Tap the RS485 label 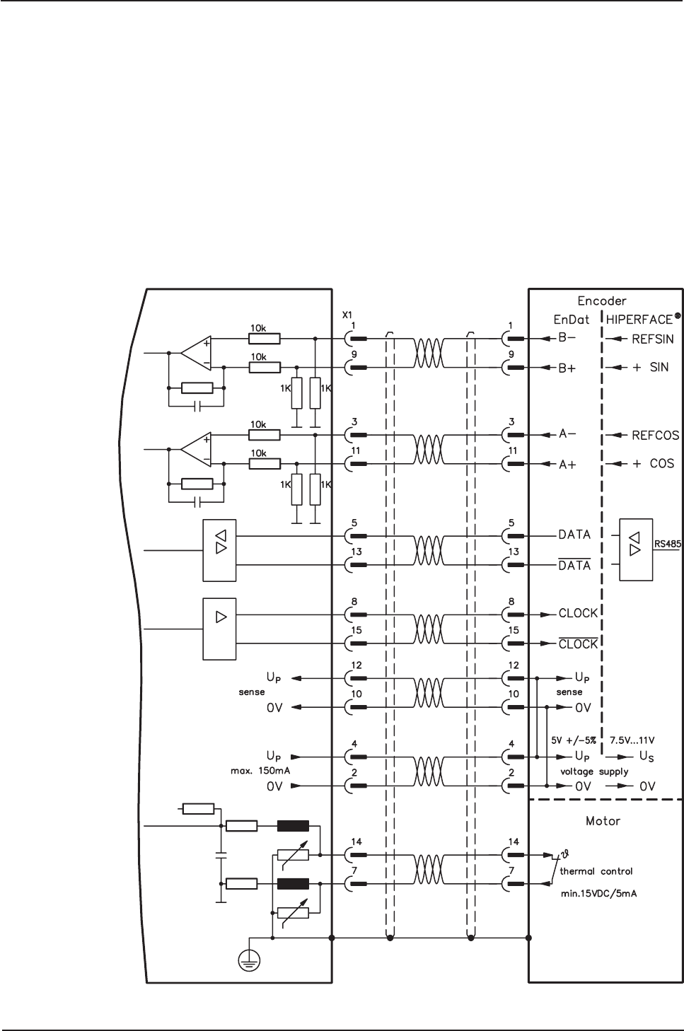click(x=668, y=544)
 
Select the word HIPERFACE click(x=639, y=320)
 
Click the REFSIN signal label click(x=653, y=339)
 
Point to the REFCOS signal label click(x=656, y=435)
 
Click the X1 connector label click(x=347, y=315)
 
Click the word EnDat click(x=572, y=320)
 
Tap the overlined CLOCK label click(x=578, y=643)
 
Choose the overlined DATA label click(x=574, y=564)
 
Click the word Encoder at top click(x=602, y=301)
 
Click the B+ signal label click(x=567, y=368)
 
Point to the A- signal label click(x=567, y=434)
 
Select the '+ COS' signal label click(x=653, y=463)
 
